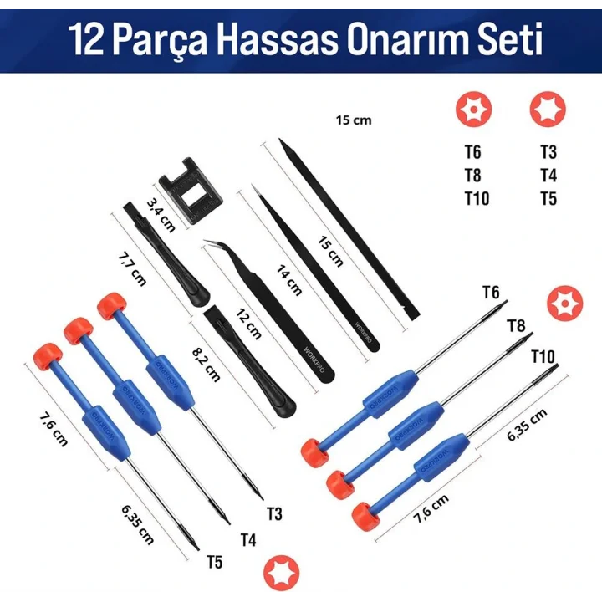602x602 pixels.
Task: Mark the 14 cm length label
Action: coord(288,278)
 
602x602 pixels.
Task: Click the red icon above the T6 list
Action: coord(473,109)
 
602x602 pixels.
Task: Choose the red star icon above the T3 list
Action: coord(548,109)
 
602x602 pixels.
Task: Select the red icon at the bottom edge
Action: coord(278,574)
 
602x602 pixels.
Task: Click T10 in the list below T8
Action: coord(477,198)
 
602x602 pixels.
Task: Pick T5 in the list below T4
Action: coord(548,198)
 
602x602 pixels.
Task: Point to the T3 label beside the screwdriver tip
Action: coord(274,513)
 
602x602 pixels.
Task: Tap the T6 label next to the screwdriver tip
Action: coord(491,292)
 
